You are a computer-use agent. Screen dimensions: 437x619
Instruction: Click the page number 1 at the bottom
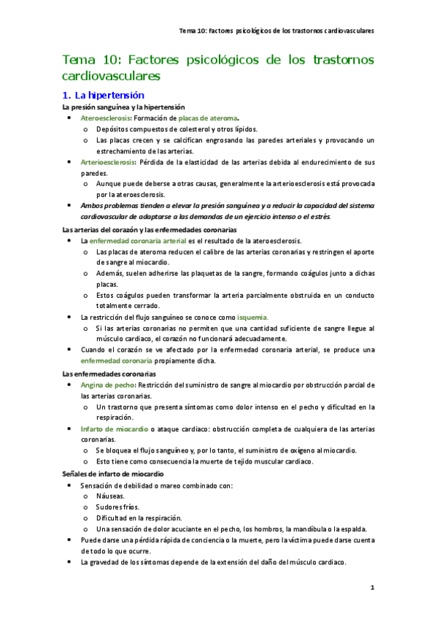(371, 587)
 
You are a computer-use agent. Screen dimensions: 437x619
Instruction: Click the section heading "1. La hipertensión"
(104, 95)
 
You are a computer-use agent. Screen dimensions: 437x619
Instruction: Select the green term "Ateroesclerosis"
(105, 118)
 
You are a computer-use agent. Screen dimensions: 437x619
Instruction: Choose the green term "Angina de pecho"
(107, 385)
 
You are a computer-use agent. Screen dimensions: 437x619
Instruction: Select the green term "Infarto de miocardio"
(114, 428)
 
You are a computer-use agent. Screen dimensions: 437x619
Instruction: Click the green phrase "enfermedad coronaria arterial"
(138, 240)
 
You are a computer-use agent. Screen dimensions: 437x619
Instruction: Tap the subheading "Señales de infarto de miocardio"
(112, 474)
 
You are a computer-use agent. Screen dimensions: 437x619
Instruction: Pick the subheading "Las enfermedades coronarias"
(104, 374)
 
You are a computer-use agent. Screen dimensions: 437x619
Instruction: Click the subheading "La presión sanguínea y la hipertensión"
(124, 107)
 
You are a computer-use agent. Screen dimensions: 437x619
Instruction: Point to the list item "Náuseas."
(110, 495)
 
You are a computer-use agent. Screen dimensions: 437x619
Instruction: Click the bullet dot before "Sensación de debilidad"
(69, 485)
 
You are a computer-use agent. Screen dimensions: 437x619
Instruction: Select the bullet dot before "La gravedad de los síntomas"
(69, 563)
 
